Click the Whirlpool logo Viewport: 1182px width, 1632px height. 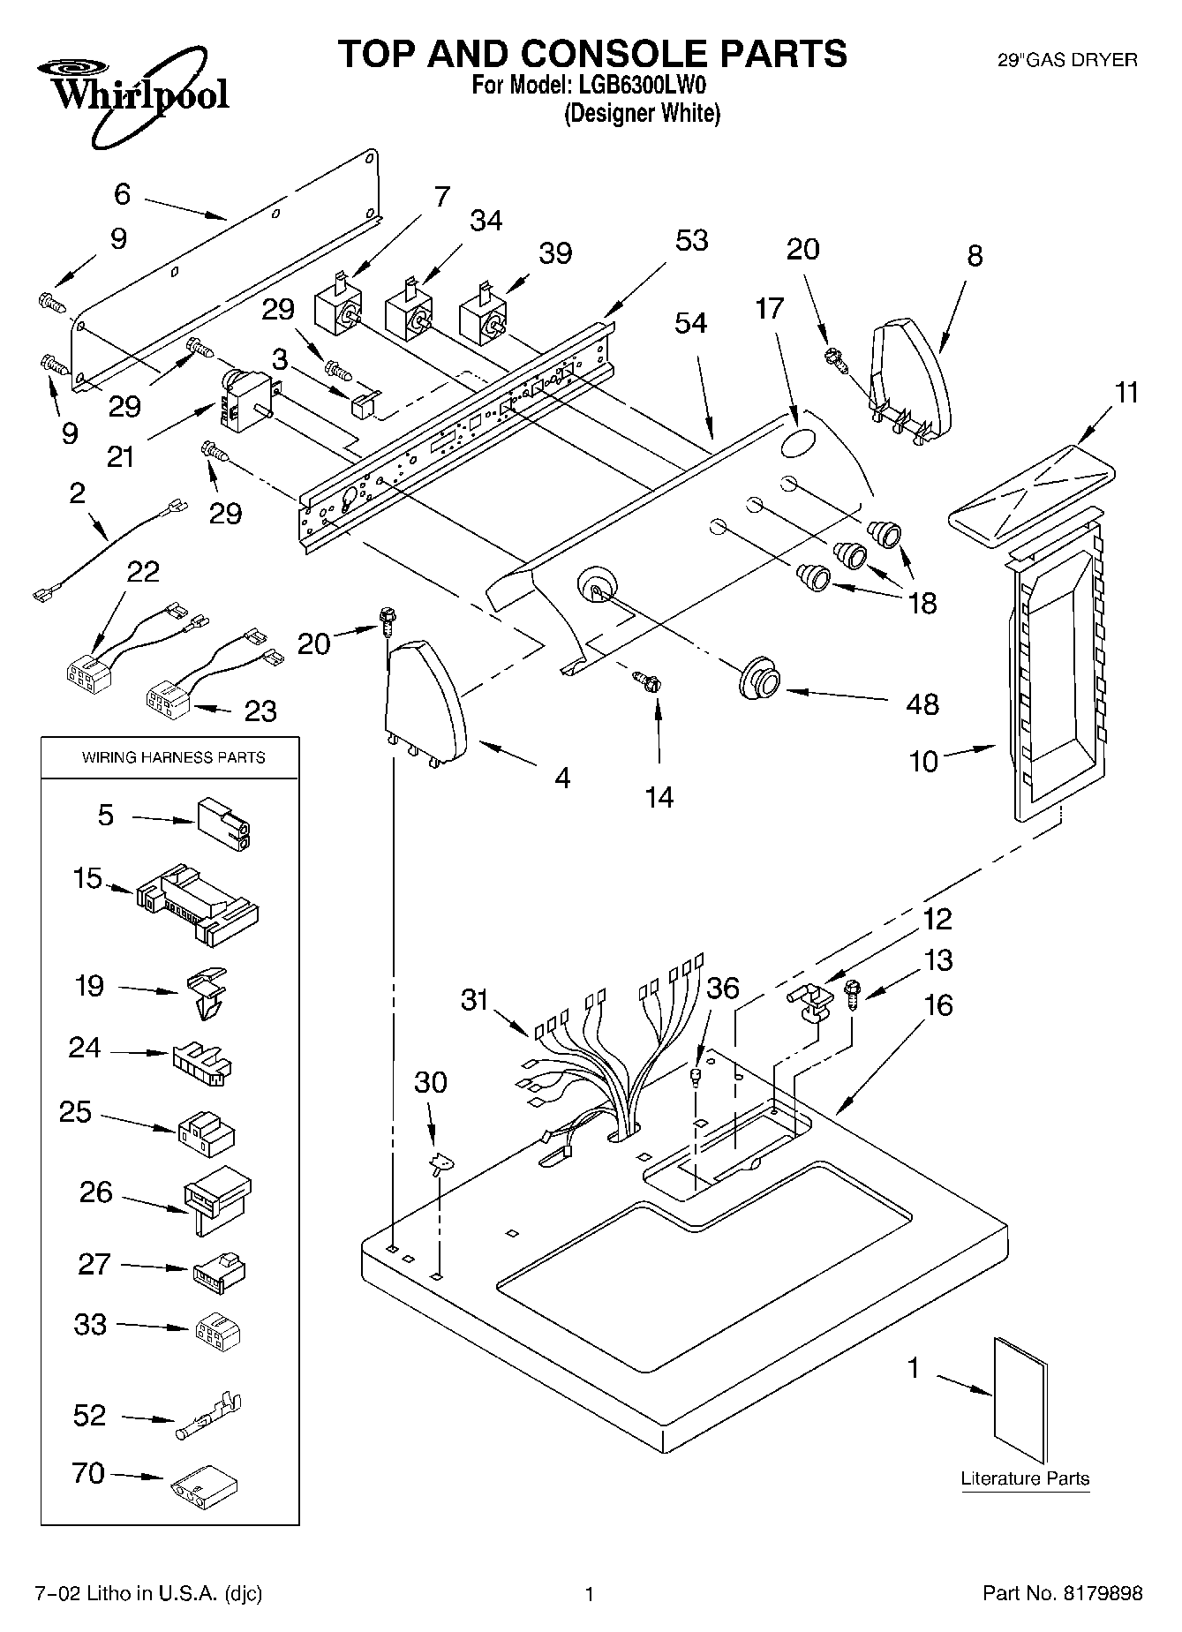click(132, 97)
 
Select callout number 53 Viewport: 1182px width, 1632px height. click(692, 241)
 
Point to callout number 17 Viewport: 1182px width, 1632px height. click(770, 309)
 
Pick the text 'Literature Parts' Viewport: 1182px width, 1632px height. click(1025, 1478)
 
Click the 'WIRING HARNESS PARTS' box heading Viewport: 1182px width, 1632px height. click(173, 757)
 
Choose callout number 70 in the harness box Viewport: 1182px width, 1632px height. click(88, 1473)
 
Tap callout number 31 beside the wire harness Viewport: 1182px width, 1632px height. click(475, 1000)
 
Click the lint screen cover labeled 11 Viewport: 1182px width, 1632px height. click(1028, 500)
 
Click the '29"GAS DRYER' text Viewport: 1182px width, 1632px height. click(1067, 61)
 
